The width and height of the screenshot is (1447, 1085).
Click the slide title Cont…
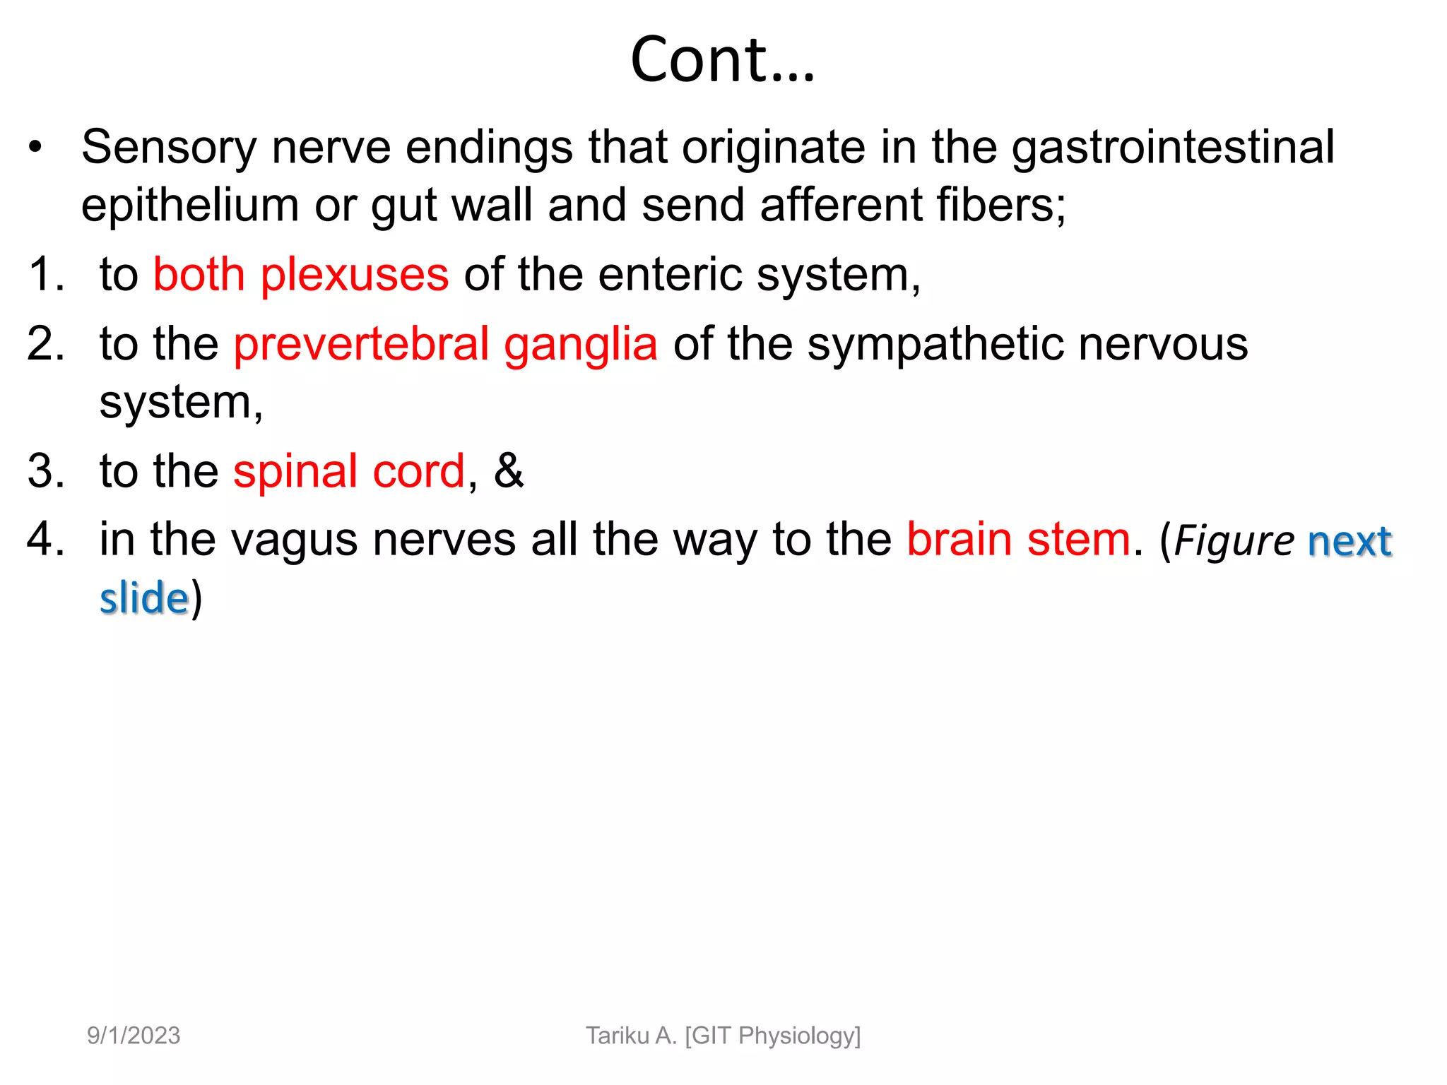point(722,59)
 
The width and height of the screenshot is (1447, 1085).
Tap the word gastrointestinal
point(1173,148)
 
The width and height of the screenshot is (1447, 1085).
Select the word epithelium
point(189,206)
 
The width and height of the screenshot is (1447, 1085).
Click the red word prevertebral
point(361,344)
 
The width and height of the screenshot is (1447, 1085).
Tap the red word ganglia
point(580,345)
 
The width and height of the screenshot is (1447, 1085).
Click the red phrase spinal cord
point(349,471)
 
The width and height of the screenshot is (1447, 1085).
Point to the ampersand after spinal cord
point(509,471)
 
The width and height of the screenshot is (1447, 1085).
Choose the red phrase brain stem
point(1018,540)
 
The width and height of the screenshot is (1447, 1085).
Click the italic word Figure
point(1234,542)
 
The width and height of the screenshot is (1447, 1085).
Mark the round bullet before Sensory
point(35,148)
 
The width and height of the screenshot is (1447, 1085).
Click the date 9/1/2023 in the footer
point(134,1036)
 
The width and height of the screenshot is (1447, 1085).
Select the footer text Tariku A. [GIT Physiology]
point(723,1036)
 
